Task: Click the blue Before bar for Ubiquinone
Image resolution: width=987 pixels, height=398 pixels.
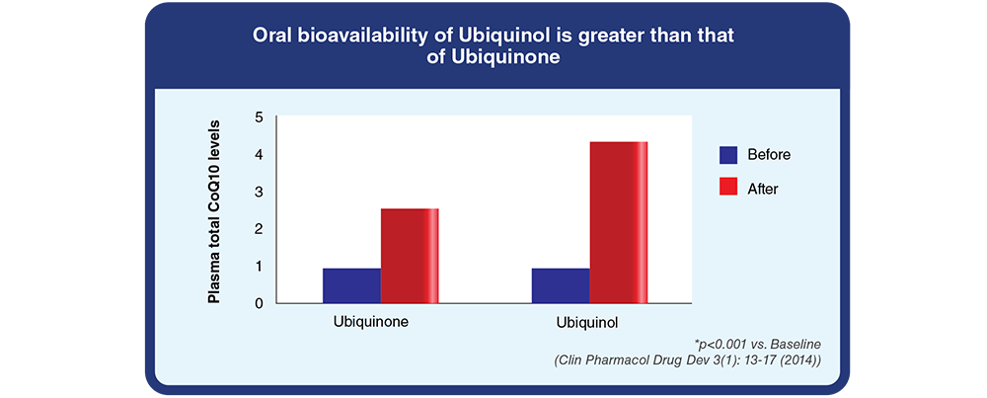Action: pyautogui.click(x=352, y=285)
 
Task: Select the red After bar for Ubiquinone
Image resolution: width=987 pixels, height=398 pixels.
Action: pyautogui.click(x=410, y=257)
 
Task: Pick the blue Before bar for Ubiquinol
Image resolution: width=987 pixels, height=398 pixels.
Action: pyautogui.click(x=561, y=285)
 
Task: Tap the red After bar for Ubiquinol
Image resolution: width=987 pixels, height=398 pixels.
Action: pyautogui.click(x=619, y=223)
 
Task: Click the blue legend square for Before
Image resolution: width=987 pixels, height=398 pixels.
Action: pyautogui.click(x=729, y=154)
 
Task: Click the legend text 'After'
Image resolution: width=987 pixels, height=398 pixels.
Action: pyautogui.click(x=763, y=189)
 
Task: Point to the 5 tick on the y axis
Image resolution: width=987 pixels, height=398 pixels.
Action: pyautogui.click(x=259, y=118)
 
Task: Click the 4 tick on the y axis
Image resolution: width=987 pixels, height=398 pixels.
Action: pyautogui.click(x=259, y=155)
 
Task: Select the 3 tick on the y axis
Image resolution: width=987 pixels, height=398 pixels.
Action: pyautogui.click(x=259, y=192)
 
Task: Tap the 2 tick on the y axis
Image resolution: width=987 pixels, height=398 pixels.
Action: pyautogui.click(x=259, y=229)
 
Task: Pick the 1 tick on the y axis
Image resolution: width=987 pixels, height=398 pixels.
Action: pyautogui.click(x=259, y=267)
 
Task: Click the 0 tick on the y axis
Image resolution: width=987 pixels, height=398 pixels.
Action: pyautogui.click(x=259, y=303)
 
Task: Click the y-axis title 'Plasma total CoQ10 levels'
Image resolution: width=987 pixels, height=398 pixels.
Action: pyautogui.click(x=214, y=211)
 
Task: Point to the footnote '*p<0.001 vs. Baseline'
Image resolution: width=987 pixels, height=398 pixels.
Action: pyautogui.click(x=758, y=346)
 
